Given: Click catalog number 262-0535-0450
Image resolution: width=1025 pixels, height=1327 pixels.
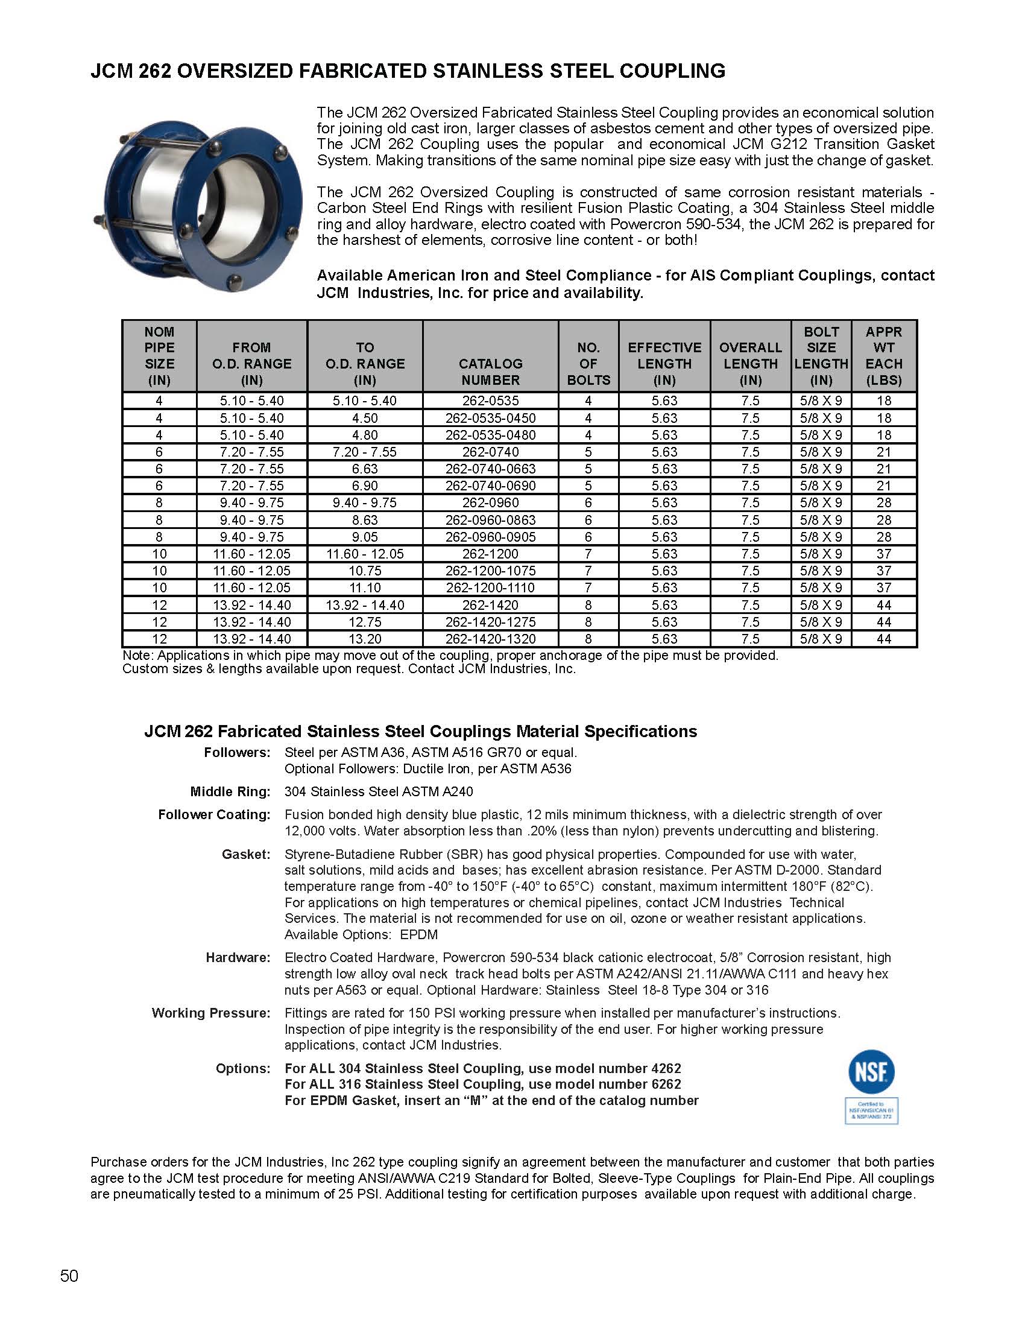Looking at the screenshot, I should point(490,418).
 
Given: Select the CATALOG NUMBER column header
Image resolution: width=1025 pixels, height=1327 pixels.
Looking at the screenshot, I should point(490,372).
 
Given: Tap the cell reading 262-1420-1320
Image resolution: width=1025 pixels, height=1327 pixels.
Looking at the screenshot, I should point(490,639).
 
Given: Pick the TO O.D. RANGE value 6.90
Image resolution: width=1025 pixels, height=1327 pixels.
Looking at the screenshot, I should point(364,486).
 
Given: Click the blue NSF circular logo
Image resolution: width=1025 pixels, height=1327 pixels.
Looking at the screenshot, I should point(871,1073).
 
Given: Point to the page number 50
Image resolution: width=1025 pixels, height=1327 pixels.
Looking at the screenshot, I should point(69,1275).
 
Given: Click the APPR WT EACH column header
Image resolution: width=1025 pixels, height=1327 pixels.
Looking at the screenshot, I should point(883,356).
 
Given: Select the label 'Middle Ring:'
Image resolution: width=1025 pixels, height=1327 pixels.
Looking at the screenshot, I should point(230,792).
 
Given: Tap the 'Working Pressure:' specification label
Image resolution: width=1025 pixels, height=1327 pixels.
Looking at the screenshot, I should point(210,1013).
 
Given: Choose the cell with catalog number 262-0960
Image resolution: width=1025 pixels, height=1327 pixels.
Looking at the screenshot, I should point(490,502).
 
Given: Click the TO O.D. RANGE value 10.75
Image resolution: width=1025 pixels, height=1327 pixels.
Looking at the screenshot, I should point(364,571).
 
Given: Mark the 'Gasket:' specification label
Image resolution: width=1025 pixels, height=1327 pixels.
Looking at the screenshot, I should point(246,854).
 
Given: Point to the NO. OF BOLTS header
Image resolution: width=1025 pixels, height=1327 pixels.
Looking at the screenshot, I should point(588,364).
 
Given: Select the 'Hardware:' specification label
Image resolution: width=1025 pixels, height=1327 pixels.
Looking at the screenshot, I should point(238,958).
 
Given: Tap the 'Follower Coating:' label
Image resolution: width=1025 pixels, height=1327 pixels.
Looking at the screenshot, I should point(214,815).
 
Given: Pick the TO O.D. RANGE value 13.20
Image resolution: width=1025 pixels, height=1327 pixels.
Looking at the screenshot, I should point(364,639).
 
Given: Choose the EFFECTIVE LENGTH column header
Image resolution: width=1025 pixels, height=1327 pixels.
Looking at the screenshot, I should point(664,364).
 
